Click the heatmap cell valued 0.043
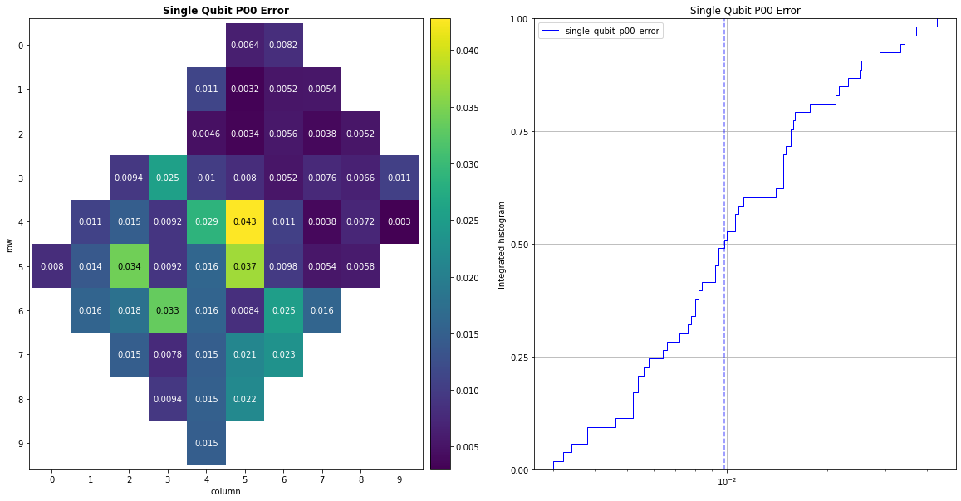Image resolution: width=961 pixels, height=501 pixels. pos(245,222)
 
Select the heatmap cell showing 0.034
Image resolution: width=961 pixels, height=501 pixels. pos(129,266)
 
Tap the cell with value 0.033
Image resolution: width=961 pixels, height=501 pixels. pos(168,311)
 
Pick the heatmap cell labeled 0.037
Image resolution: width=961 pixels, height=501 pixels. pos(245,266)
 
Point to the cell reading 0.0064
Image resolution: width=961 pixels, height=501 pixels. pos(245,45)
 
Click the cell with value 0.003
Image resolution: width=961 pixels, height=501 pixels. pos(400,222)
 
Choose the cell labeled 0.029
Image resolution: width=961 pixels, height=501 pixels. pos(206,222)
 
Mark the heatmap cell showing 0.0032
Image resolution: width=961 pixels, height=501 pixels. pos(245,89)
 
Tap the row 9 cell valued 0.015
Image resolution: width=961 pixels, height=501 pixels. pos(206,443)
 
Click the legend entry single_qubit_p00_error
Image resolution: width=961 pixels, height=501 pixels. pos(612,31)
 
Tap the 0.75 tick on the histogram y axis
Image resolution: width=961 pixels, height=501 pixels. pos(519,132)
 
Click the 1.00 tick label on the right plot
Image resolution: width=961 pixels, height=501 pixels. pos(519,19)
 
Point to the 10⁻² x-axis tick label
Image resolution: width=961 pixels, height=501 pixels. pos(726,482)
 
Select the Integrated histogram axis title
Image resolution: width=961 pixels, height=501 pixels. pos(502,245)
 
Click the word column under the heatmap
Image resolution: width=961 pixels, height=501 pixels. pos(225,491)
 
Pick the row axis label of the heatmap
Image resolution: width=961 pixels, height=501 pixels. pos(9,245)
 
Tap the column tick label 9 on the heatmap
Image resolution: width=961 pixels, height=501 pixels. pos(400,479)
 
